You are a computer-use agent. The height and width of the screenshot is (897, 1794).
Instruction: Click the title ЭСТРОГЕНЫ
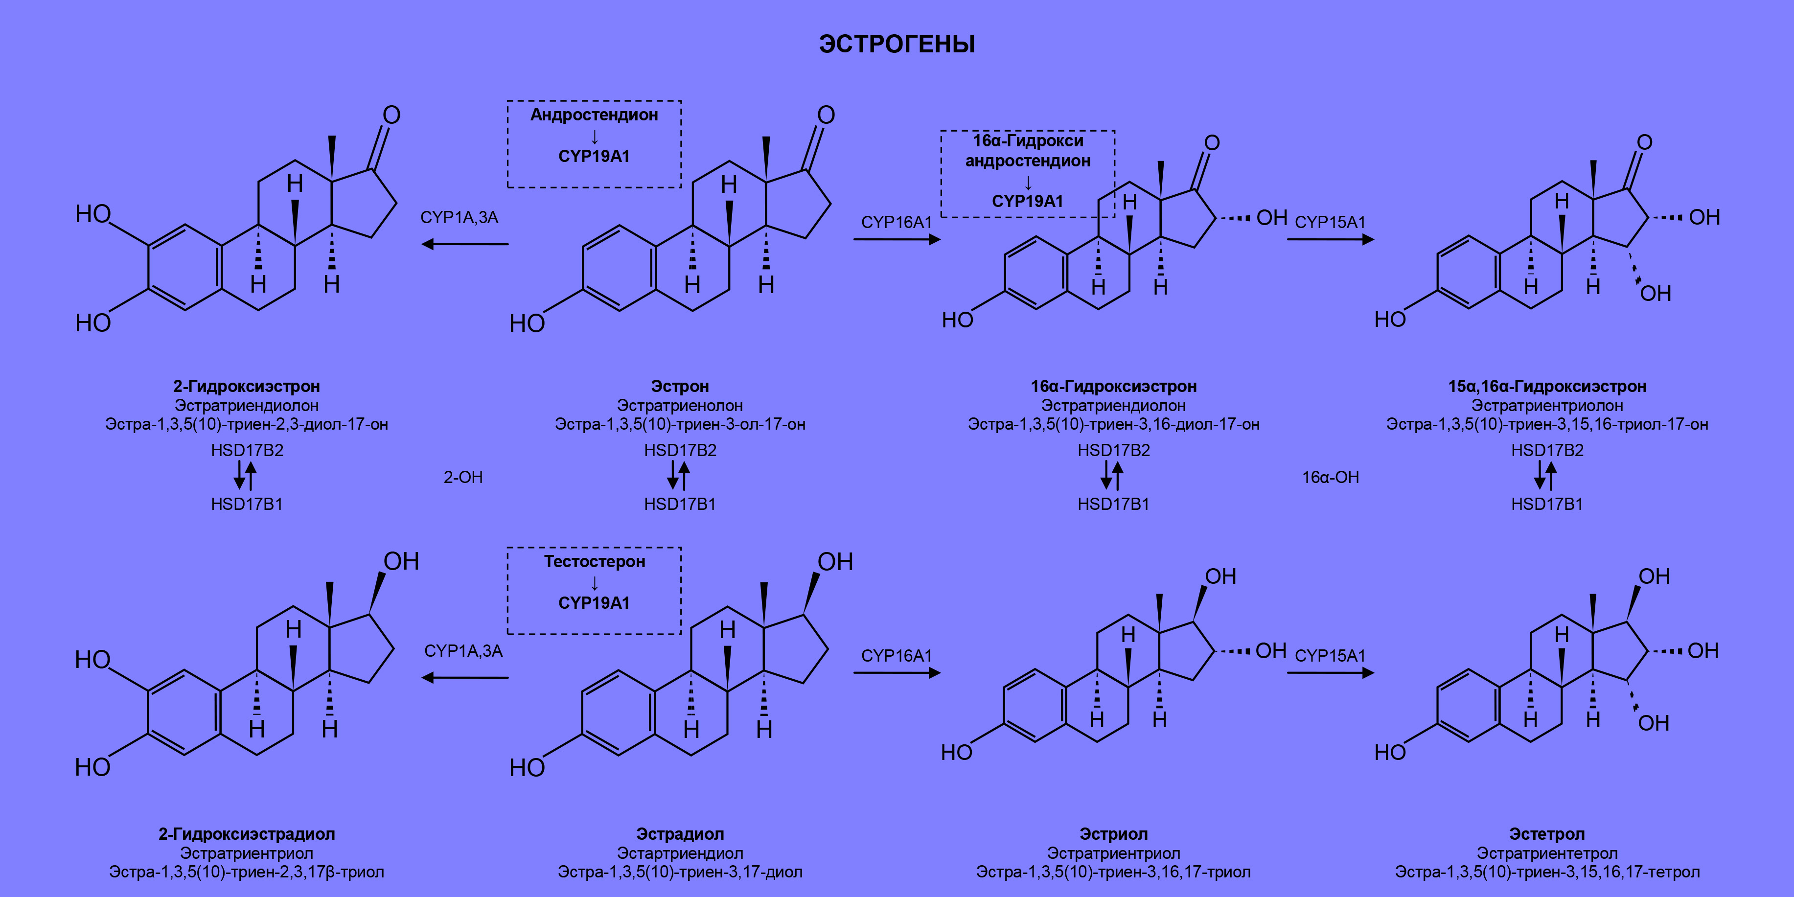click(x=897, y=44)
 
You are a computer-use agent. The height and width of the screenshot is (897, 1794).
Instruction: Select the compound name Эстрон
click(x=680, y=386)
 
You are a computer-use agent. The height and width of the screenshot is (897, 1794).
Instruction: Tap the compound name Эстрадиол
click(x=680, y=833)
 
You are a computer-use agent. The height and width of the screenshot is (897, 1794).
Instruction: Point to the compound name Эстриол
click(x=1113, y=833)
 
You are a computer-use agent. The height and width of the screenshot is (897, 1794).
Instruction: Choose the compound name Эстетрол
click(x=1547, y=833)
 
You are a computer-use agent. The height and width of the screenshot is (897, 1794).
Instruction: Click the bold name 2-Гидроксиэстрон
click(x=247, y=386)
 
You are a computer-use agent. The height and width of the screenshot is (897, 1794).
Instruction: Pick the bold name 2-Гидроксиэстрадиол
click(x=247, y=833)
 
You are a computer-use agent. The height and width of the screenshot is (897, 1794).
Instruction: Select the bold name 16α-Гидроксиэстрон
click(x=1113, y=386)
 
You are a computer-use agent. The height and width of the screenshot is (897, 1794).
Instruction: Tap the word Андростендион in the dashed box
click(x=594, y=115)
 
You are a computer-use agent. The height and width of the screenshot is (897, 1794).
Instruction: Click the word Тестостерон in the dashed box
click(x=594, y=561)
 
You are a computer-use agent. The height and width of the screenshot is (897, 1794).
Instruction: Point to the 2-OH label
click(x=463, y=477)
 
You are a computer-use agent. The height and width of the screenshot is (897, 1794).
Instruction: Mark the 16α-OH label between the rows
click(x=1330, y=477)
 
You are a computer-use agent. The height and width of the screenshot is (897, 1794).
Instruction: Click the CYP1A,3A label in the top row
click(x=459, y=217)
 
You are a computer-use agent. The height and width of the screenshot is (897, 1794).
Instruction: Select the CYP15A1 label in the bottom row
click(x=1330, y=655)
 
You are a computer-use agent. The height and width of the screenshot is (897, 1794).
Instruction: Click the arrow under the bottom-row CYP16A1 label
click(x=897, y=673)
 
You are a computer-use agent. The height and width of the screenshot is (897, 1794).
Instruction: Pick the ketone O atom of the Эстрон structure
click(x=826, y=115)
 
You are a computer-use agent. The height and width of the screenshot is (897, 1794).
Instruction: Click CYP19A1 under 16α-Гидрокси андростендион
click(x=1027, y=201)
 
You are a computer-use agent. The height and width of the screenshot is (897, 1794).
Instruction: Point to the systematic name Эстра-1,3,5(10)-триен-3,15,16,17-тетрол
click(x=1547, y=872)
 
